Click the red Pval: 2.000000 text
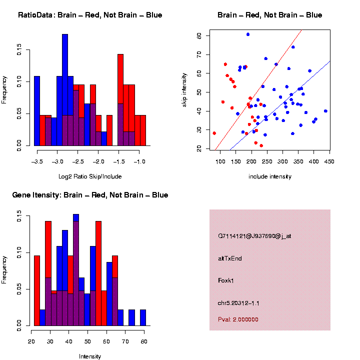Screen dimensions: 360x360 [238, 319]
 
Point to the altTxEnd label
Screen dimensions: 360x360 [230, 258]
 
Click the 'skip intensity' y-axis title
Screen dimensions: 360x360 [190, 89]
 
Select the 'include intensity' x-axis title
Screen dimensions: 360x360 [270, 176]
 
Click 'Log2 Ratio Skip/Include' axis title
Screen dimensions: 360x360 [89, 176]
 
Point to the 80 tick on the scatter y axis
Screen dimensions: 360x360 [199, 36]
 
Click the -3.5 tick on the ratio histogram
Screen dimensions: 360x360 [36, 161]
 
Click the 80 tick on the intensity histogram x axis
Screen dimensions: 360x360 [143, 341]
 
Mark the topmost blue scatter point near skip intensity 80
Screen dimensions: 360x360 [248, 34]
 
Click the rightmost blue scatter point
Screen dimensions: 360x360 [325, 111]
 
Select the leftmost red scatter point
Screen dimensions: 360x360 [214, 133]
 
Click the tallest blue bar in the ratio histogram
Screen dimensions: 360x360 [65, 90]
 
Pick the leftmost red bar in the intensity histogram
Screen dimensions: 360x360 [36, 290]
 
